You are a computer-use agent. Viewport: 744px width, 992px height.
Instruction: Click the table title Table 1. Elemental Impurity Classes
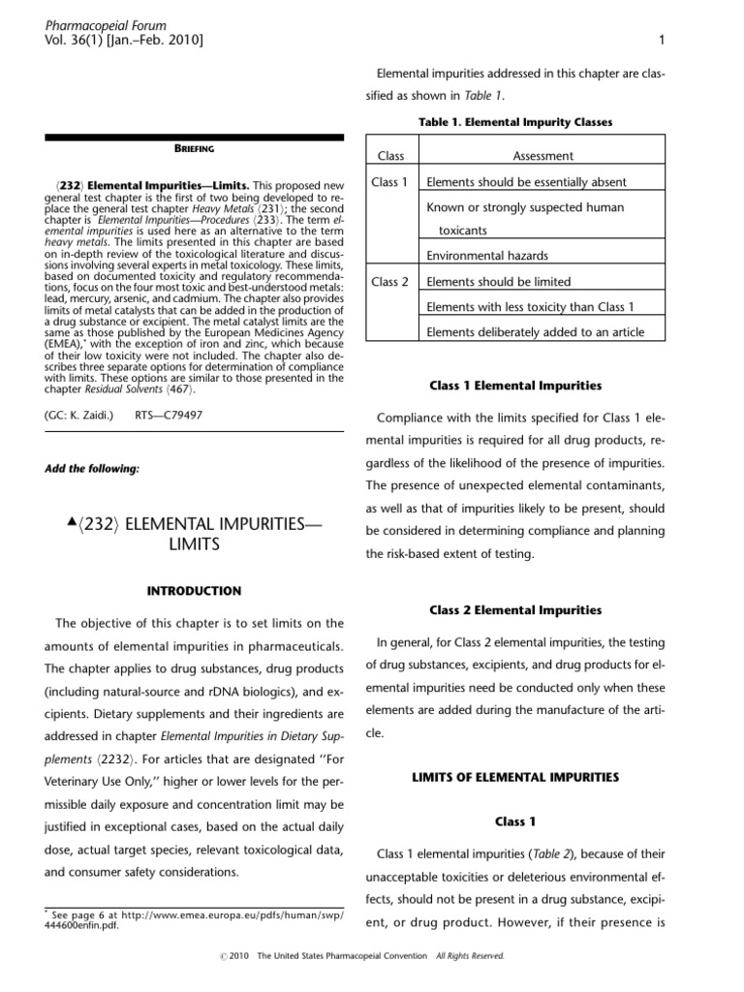coord(515,122)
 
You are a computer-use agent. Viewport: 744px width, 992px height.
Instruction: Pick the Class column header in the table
coord(390,156)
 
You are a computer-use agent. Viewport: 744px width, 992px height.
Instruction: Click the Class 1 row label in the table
coord(390,182)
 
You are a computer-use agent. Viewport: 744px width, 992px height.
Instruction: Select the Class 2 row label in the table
coord(390,282)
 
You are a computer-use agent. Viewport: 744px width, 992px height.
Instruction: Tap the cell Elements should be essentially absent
coord(526,182)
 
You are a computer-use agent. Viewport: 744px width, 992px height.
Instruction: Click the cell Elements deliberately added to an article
coord(535,333)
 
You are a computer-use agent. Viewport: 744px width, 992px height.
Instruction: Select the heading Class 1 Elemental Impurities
coord(515,386)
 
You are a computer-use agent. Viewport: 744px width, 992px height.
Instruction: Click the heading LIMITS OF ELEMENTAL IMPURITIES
coord(515,777)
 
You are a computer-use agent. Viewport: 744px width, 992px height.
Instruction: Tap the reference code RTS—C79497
coord(170,415)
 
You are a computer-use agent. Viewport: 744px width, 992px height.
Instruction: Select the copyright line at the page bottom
coord(372,955)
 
